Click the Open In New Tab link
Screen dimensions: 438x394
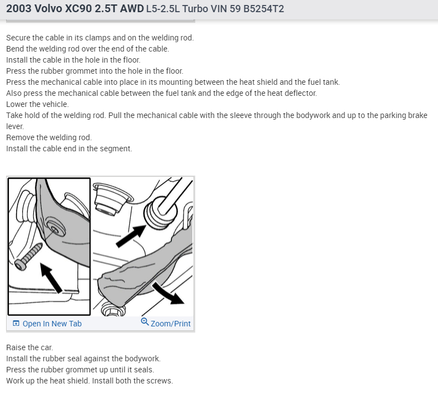click(47, 324)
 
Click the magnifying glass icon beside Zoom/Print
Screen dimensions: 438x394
click(145, 322)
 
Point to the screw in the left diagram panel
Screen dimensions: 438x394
click(28, 257)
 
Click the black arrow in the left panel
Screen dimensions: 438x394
click(51, 278)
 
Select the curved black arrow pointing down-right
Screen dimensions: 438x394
click(167, 294)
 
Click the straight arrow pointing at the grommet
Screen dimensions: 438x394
click(131, 236)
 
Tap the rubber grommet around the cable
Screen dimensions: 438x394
click(160, 212)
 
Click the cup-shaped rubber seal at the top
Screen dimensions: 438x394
click(112, 198)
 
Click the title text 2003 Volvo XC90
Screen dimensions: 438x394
click(49, 9)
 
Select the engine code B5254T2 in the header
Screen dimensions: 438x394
click(263, 9)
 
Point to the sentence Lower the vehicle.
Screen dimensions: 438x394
click(38, 104)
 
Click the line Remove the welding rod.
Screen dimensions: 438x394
click(49, 137)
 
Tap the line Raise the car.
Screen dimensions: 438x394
click(29, 347)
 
